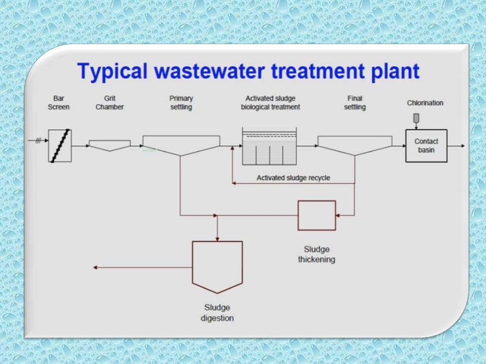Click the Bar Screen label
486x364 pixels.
pyautogui.click(x=58, y=103)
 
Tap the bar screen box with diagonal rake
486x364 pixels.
pyautogui.click(x=60, y=146)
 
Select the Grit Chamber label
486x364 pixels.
pyautogui.click(x=110, y=103)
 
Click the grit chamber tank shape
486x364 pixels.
pyautogui.click(x=110, y=145)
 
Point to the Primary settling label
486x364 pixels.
pyautogui.click(x=181, y=103)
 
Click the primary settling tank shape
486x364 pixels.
pyautogui.click(x=181, y=144)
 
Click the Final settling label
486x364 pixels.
pyautogui.click(x=355, y=103)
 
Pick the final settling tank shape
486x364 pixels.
pyautogui.click(x=355, y=144)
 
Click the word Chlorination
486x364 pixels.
pyautogui.click(x=425, y=103)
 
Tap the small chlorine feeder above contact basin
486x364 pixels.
pyautogui.click(x=416, y=118)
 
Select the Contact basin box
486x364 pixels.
pyautogui.click(x=426, y=146)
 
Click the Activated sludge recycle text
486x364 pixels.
pyautogui.click(x=293, y=178)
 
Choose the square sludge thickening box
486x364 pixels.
pyautogui.click(x=317, y=215)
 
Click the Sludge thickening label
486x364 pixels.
pyautogui.click(x=317, y=255)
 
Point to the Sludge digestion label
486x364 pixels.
pyautogui.click(x=217, y=313)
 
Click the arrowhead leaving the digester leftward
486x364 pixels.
pyautogui.click(x=95, y=268)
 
